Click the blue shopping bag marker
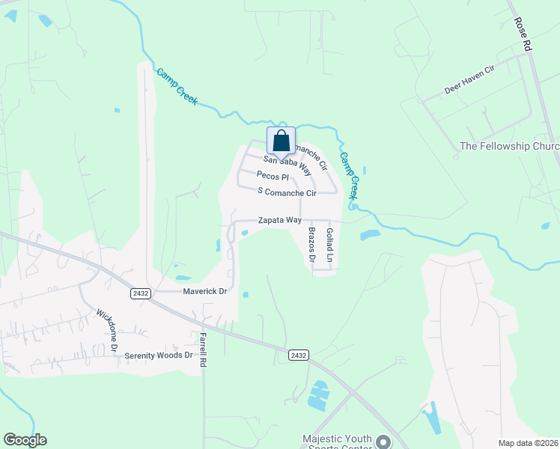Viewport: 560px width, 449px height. point(281,141)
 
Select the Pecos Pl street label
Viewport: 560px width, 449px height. point(273,177)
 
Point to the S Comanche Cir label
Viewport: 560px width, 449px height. point(287,192)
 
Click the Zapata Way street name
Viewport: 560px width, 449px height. point(279,221)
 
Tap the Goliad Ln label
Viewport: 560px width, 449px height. point(329,240)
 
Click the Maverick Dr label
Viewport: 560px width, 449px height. point(201,290)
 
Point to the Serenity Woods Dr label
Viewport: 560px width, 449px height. point(159,355)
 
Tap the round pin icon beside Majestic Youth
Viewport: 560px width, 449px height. point(383,442)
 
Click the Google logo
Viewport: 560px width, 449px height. point(25,440)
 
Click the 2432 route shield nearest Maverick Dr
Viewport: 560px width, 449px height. point(139,292)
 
